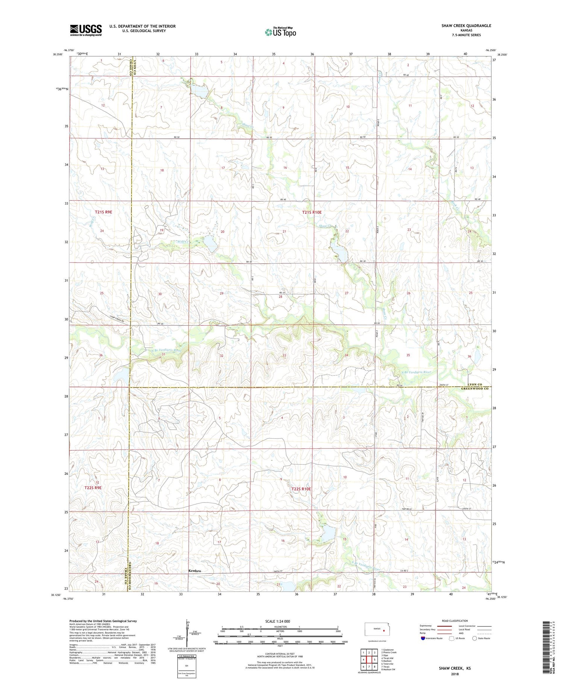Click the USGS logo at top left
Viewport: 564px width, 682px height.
[86, 30]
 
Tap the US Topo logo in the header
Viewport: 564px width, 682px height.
[280, 32]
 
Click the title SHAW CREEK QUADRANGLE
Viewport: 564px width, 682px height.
[466, 26]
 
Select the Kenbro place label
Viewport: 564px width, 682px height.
[194, 571]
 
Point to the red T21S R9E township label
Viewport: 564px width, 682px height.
[103, 212]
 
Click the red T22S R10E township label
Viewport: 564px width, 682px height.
[301, 489]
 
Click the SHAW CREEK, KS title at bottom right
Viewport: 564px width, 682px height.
[454, 668]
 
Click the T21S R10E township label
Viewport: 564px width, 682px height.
[312, 212]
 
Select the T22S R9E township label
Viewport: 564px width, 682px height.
[93, 488]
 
